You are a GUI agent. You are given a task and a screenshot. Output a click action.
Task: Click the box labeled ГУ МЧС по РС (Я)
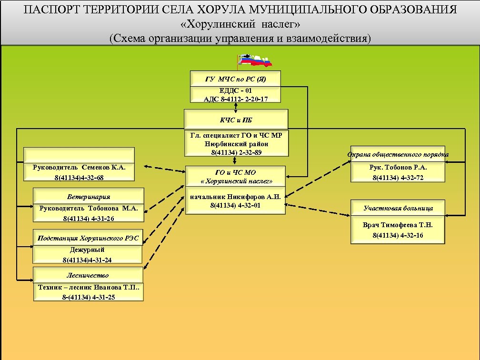[235, 79]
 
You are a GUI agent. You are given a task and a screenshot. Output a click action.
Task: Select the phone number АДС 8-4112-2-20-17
[235, 99]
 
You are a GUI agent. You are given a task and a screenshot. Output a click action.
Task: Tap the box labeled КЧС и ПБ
[236, 120]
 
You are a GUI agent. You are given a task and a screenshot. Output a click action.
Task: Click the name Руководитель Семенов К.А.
[79, 168]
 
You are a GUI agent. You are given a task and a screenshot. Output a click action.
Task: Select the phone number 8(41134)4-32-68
[79, 177]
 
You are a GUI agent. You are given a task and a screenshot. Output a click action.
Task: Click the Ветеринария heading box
[89, 197]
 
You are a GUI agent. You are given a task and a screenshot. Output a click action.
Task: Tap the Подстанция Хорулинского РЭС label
[88, 238]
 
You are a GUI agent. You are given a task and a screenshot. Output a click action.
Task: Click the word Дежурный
[87, 250]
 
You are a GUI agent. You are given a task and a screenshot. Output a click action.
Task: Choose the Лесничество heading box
[88, 275]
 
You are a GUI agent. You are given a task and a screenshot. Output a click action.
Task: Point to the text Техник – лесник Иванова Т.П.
[88, 287]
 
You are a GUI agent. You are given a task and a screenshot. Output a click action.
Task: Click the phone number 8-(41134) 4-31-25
[88, 297]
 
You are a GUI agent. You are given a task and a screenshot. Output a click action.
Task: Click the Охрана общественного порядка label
[398, 154]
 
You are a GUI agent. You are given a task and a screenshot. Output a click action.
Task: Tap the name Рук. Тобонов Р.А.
[398, 168]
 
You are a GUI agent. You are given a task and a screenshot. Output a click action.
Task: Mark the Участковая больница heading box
[398, 208]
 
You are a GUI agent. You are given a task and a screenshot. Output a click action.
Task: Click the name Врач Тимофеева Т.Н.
[398, 225]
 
